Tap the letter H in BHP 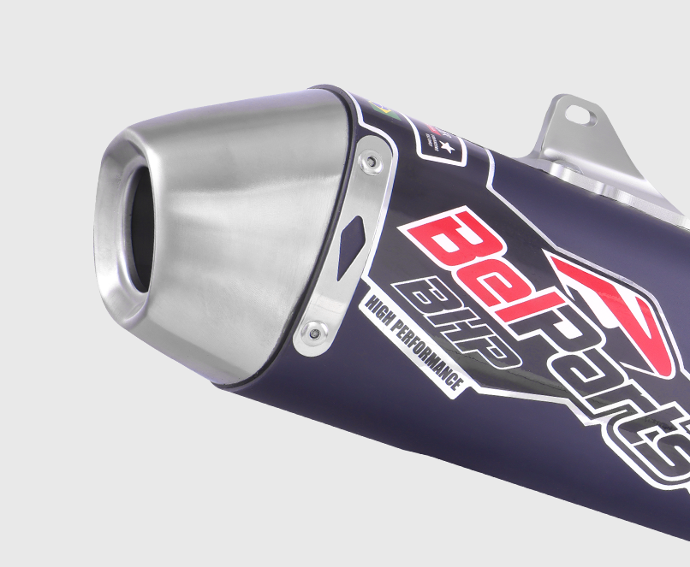(467, 321)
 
